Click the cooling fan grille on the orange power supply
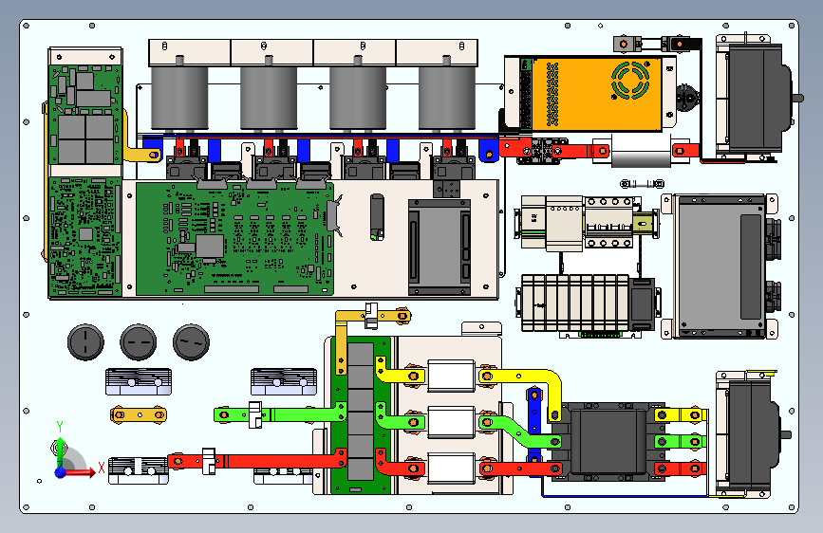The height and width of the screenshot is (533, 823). click(630, 80)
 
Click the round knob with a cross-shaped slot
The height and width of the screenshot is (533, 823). click(85, 342)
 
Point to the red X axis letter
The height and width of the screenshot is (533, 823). click(102, 468)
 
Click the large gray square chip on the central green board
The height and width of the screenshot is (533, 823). click(210, 246)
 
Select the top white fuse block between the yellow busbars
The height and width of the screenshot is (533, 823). click(451, 376)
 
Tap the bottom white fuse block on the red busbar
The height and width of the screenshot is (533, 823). click(451, 468)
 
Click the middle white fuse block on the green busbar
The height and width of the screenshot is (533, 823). click(451, 422)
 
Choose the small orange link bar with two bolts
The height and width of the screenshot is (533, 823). click(139, 415)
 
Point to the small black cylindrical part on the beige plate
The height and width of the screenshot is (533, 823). click(377, 216)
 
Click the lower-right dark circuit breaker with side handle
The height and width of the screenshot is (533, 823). click(751, 433)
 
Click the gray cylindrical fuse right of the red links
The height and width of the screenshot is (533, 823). click(641, 151)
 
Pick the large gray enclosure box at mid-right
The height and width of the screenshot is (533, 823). click(720, 266)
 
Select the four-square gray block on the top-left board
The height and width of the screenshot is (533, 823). click(85, 139)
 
